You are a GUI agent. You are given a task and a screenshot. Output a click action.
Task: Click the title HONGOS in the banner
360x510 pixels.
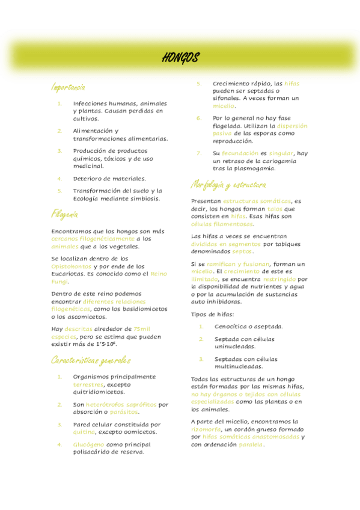[x=180, y=58]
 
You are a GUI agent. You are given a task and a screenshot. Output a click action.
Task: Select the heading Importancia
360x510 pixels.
[x=68, y=87]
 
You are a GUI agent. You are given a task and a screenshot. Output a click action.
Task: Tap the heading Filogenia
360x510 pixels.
[x=64, y=214]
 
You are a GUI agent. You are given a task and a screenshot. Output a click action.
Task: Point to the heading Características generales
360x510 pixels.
[x=90, y=360]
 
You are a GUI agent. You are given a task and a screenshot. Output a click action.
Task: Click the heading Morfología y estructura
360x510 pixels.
[x=228, y=184]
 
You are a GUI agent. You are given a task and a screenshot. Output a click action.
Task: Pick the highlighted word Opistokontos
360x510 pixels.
[x=72, y=266]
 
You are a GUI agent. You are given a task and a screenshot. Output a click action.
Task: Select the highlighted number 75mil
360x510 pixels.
[x=142, y=329]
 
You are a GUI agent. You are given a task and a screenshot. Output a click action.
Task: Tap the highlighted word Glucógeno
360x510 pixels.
[x=88, y=444]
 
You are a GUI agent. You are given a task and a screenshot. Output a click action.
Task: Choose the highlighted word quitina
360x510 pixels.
[x=84, y=432]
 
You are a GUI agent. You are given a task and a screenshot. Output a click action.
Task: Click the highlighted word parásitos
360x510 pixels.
[x=124, y=412]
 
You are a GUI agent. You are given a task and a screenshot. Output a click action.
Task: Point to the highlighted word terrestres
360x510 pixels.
[x=88, y=384]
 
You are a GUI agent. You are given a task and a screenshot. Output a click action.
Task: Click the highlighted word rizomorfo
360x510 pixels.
[x=206, y=429]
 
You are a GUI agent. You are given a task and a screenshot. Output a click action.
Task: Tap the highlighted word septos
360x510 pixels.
[x=242, y=252]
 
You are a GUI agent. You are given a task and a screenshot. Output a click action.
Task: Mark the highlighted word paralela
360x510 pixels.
[x=251, y=445]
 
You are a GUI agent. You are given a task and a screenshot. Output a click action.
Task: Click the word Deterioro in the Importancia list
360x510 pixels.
[x=87, y=179]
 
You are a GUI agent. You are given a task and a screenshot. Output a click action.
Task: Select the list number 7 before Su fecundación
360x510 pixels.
[x=199, y=153]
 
